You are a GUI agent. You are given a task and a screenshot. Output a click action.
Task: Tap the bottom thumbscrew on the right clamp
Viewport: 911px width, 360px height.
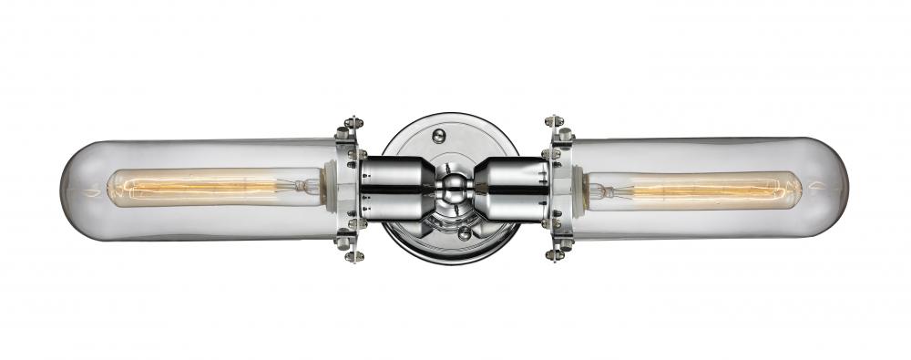(555, 252)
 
